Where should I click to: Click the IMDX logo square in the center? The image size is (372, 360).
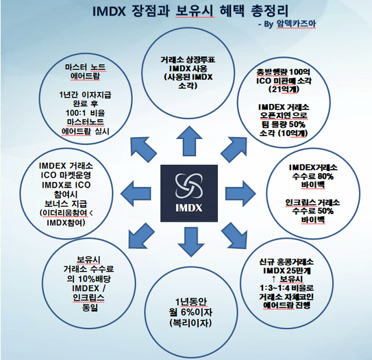(189, 193)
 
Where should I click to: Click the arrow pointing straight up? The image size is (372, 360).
(189, 141)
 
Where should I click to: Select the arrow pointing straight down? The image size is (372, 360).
(191, 242)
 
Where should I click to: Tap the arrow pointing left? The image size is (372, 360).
(136, 194)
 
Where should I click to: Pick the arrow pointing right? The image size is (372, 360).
(240, 194)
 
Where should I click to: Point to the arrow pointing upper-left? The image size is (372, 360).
(143, 149)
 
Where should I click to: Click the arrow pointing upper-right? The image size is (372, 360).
(234, 149)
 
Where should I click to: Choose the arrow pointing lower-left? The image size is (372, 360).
(141, 236)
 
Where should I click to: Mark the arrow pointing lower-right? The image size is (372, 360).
(234, 236)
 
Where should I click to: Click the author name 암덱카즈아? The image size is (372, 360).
(296, 24)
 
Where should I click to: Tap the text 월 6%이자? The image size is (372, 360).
(190, 312)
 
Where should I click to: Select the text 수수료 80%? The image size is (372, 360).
(313, 177)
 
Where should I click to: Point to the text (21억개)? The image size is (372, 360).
(284, 90)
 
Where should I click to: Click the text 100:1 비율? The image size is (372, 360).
(86, 113)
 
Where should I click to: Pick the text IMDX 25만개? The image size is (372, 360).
(287, 270)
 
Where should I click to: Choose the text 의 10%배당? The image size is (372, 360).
(89, 279)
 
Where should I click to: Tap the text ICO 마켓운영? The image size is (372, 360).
(66, 175)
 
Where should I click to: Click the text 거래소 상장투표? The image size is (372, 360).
(188, 60)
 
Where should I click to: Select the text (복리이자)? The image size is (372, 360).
(190, 323)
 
